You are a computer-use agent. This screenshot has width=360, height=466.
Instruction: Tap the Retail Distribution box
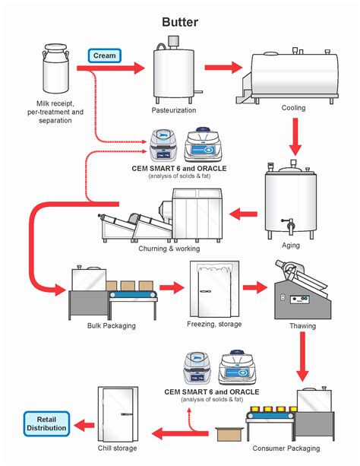pyautogui.click(x=46, y=423)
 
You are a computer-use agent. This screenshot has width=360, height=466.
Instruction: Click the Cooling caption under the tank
pyautogui.click(x=293, y=108)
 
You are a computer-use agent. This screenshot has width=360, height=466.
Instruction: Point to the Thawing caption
pyautogui.click(x=303, y=325)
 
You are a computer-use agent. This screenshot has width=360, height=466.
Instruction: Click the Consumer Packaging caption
pyautogui.click(x=292, y=449)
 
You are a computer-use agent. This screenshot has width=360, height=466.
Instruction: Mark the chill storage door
pyautogui.click(x=118, y=414)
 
